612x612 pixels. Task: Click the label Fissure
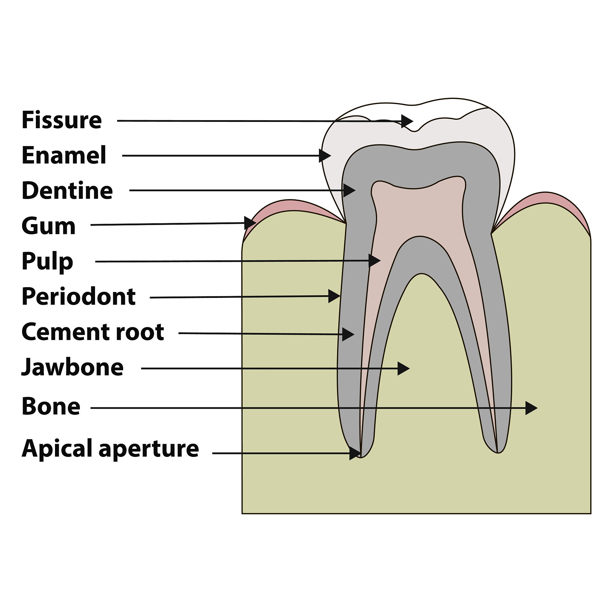(62, 120)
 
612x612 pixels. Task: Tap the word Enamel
(64, 155)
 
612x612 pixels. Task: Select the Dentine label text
(67, 190)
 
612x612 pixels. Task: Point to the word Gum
(48, 226)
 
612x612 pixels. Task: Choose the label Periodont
(79, 296)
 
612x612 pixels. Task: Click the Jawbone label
(72, 368)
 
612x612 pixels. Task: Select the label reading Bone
(51, 406)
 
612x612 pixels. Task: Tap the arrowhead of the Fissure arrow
(407, 121)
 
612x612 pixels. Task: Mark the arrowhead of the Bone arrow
(532, 408)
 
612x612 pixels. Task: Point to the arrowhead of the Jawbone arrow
(403, 368)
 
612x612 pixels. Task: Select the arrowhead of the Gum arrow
(250, 223)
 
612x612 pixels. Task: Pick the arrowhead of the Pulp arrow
(374, 260)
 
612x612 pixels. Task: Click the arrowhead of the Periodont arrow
(334, 296)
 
